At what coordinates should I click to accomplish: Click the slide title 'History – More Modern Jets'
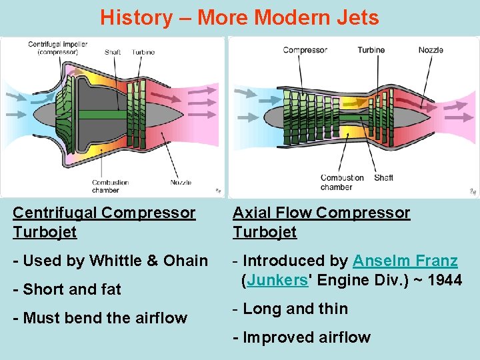(239, 17)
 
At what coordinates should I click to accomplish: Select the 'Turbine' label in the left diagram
(143, 53)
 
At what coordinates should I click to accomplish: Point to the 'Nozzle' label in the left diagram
(181, 183)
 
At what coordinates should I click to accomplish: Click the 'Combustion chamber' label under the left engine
(110, 187)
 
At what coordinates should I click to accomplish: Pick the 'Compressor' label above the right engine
(305, 50)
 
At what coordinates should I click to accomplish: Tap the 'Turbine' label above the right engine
(371, 50)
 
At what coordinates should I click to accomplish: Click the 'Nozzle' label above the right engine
(431, 50)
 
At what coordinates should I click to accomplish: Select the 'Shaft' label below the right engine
(383, 178)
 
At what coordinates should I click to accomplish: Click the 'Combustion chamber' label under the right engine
(342, 183)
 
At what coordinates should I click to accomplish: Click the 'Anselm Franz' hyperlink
(405, 261)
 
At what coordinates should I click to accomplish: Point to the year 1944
(445, 280)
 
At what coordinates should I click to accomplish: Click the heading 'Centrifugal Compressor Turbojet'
(104, 222)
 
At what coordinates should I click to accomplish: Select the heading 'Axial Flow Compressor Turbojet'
(321, 222)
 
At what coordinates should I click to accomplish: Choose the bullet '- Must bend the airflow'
(100, 318)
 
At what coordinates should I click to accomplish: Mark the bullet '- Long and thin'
(291, 309)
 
